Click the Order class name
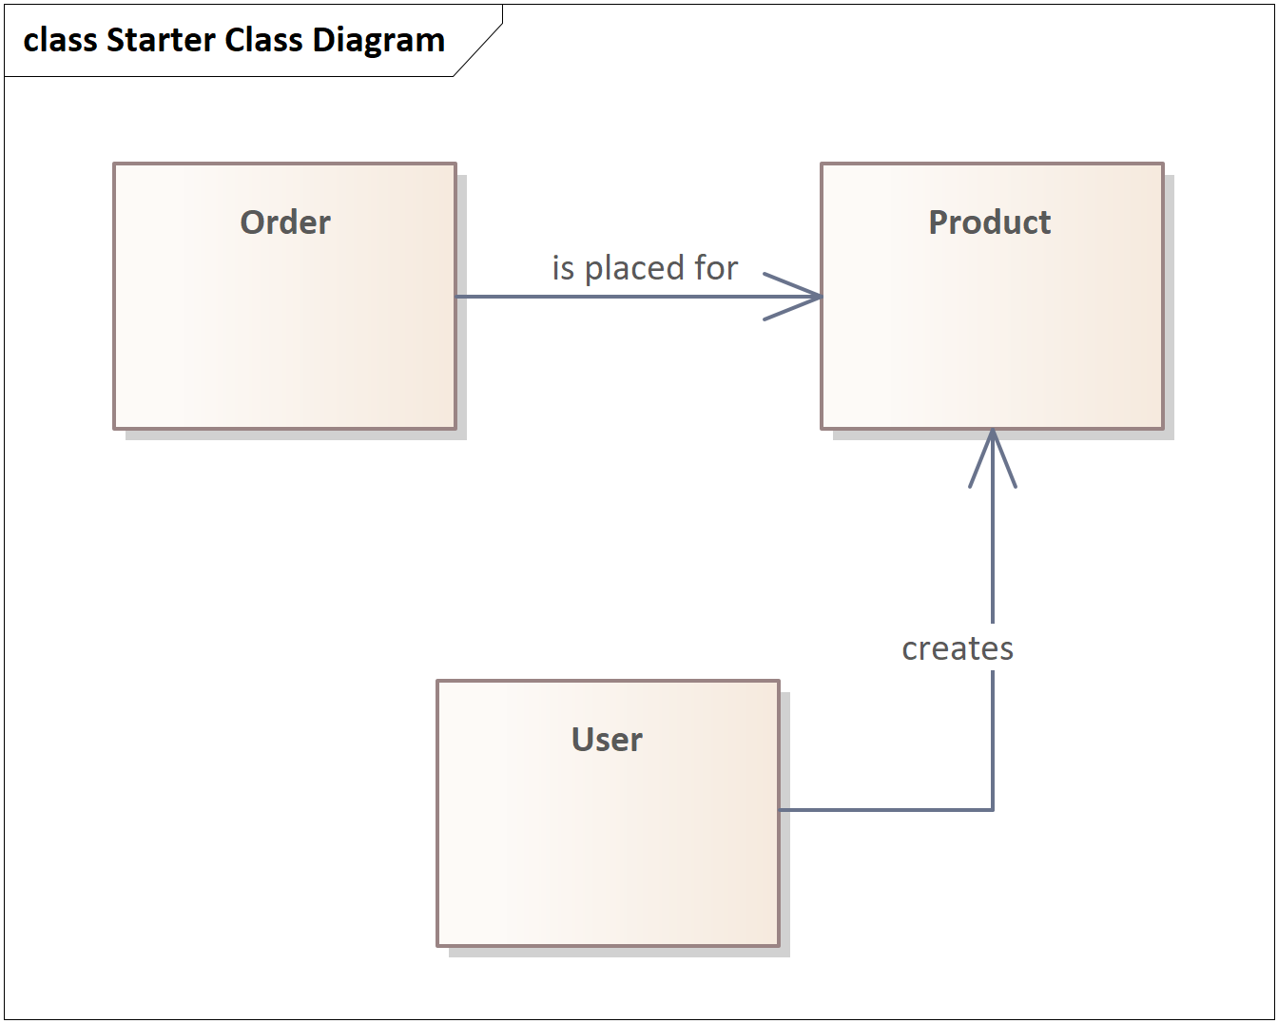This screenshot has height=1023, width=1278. click(285, 222)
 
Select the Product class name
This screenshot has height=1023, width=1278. click(989, 222)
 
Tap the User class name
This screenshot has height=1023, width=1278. click(607, 739)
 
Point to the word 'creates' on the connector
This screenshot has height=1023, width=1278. click(958, 648)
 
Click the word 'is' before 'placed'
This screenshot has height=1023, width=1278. click(563, 267)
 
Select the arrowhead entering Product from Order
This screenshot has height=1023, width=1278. click(793, 297)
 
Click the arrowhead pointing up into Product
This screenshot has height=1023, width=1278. click(993, 458)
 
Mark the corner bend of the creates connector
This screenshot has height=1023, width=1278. click(993, 809)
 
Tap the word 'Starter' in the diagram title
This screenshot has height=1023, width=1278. click(161, 40)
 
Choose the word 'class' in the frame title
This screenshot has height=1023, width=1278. click(60, 40)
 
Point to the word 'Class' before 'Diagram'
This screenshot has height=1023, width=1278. click(263, 40)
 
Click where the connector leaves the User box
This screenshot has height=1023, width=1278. click(780, 809)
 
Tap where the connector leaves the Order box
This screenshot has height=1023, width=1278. click(456, 297)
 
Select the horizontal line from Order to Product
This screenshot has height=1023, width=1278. click(639, 297)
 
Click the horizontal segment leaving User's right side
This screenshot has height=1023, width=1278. click(886, 809)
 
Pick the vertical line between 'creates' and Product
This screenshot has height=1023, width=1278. click(993, 526)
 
